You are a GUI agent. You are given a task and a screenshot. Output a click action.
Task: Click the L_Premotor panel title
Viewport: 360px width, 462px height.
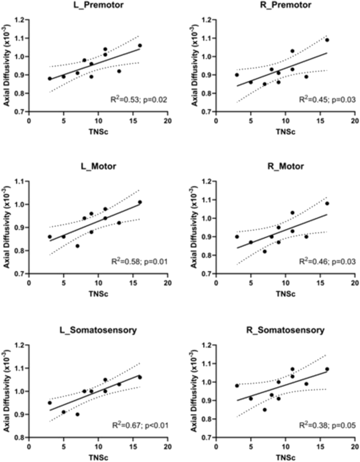coord(98,5)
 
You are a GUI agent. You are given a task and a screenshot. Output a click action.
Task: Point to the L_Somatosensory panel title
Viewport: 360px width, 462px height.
coord(98,330)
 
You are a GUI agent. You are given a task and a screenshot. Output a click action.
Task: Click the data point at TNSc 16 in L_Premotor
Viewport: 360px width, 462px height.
coord(140,46)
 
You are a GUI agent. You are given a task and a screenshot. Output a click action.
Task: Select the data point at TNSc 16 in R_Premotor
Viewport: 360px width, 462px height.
coord(327,40)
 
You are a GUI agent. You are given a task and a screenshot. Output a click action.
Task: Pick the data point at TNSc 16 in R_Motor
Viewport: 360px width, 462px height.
coord(327,204)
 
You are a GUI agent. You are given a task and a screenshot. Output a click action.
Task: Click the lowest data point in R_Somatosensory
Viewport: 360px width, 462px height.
coord(264,409)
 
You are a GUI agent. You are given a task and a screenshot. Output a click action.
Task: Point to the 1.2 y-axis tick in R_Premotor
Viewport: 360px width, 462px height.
coord(208,20)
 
